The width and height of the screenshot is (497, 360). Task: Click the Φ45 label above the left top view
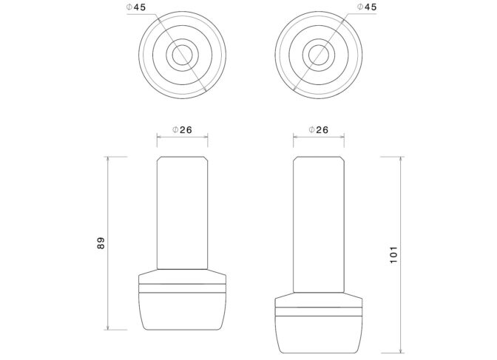[x=136, y=7]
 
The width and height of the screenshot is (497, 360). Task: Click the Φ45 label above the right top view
[x=367, y=7]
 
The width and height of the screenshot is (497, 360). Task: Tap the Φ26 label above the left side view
[x=182, y=129]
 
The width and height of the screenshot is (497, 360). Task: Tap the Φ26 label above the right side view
[x=319, y=129]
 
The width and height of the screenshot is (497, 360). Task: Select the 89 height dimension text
[x=101, y=243]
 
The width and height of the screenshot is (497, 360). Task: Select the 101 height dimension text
[x=393, y=254]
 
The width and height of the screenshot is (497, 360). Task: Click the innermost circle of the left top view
[x=182, y=55]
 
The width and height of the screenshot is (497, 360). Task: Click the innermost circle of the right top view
[x=319, y=55]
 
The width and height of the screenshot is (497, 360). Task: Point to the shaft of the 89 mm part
[x=182, y=213]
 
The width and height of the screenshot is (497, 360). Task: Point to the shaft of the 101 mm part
[x=319, y=225]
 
